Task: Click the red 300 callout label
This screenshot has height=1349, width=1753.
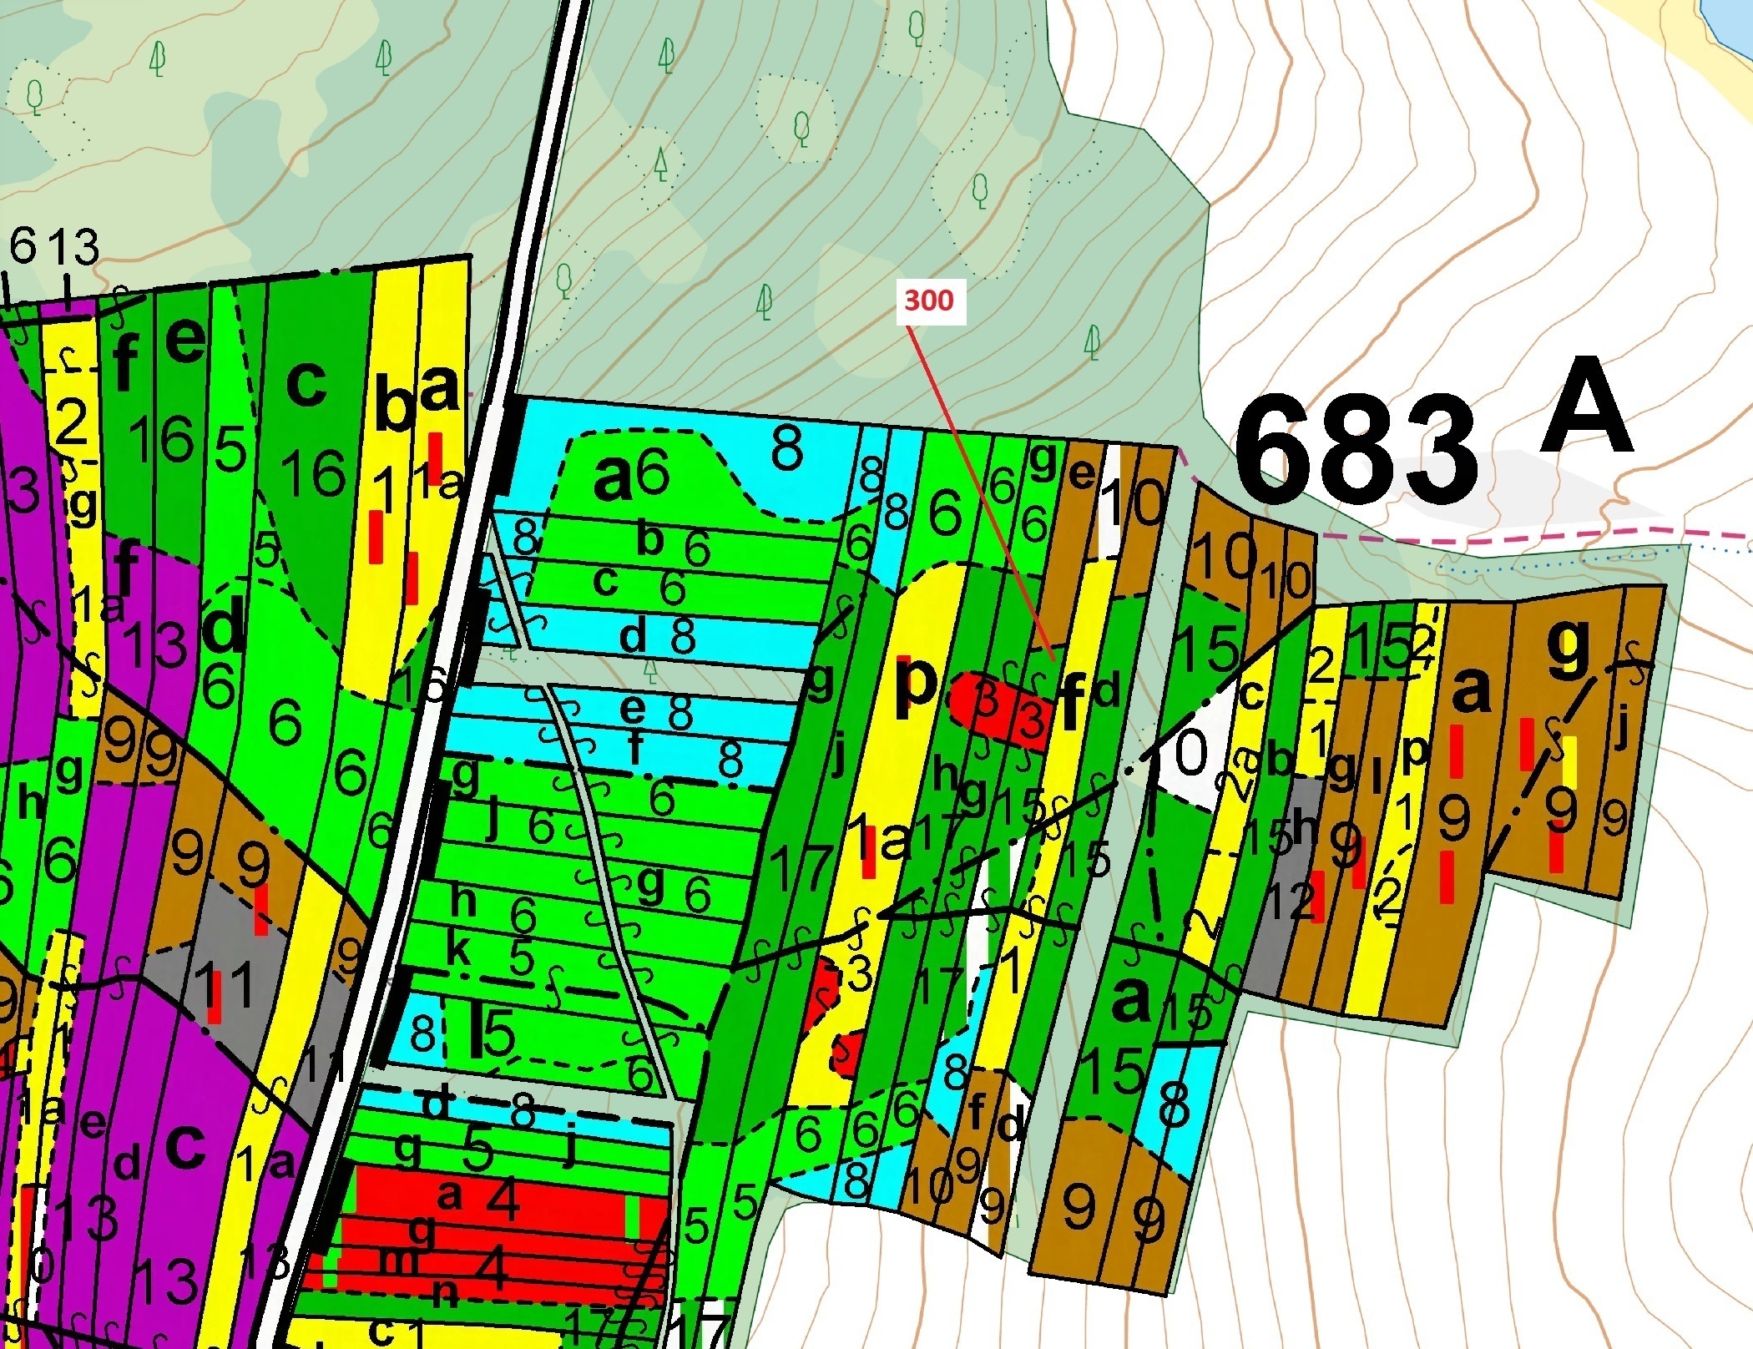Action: click(928, 301)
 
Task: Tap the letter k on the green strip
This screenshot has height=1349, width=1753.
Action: click(457, 951)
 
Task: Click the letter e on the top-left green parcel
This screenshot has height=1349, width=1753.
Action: click(185, 341)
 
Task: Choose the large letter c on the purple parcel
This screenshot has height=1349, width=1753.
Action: click(184, 1147)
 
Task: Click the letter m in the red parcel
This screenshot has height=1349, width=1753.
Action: click(398, 1261)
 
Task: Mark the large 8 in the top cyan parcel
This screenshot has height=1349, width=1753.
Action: click(786, 451)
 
